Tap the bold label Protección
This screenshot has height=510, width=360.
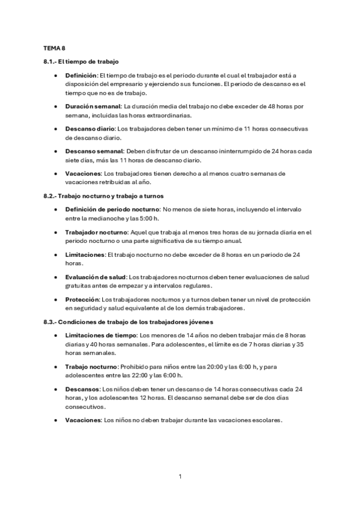click(x=82, y=299)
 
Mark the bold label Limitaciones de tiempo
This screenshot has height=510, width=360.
click(x=101, y=335)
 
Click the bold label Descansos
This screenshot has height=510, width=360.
click(x=83, y=389)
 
